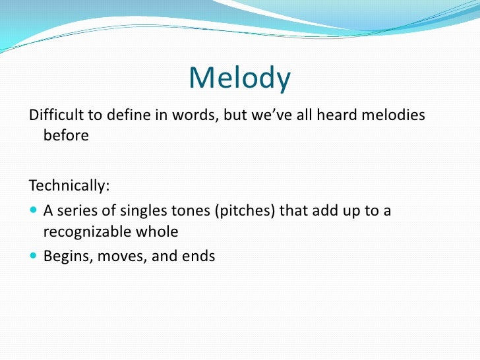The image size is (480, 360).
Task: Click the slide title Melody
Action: point(239,78)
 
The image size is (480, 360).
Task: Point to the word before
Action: point(65,136)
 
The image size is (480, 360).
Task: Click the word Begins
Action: point(67,256)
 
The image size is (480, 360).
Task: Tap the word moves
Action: point(123,256)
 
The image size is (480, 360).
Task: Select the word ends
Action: point(197,256)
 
